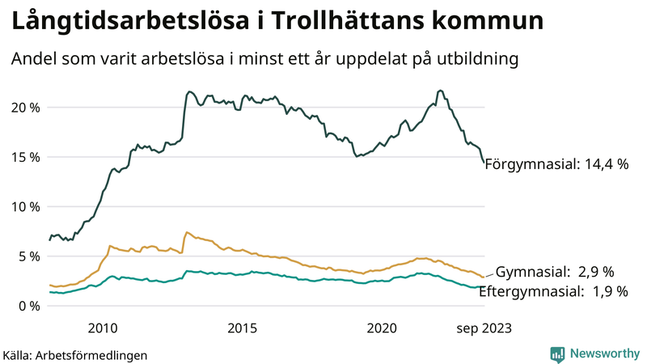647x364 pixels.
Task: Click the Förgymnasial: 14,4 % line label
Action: (556, 164)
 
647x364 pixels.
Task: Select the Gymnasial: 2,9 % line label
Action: (555, 271)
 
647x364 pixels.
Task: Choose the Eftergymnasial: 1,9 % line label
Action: (553, 291)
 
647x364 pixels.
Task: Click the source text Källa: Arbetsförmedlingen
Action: (75, 355)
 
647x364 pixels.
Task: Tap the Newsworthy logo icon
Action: (558, 353)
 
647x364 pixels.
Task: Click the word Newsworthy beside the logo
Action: (603, 353)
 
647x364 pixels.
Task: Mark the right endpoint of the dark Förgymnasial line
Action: (484, 163)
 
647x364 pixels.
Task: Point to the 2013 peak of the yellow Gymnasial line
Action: (187, 232)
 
